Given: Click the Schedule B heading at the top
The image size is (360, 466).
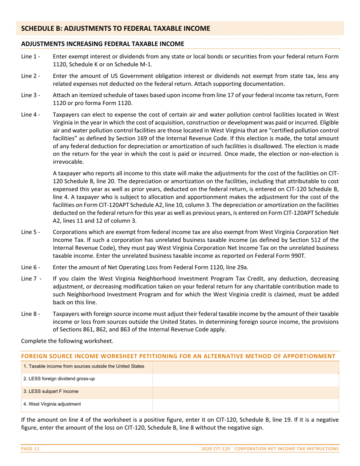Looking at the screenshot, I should pos(115,28).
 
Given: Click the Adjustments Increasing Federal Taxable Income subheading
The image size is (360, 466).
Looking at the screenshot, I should pos(103,44).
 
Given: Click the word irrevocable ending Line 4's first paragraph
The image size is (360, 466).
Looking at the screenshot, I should pos(69,162).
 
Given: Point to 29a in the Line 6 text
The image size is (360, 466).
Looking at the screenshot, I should pos(241,267).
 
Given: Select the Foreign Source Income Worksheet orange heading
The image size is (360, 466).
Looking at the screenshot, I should pos(178,356).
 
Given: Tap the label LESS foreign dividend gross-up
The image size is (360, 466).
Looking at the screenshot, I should pos(59,379).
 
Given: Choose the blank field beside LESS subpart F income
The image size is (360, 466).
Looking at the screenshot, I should pos(245,392).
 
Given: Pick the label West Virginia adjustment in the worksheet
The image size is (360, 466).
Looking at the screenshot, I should pos(52,404).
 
